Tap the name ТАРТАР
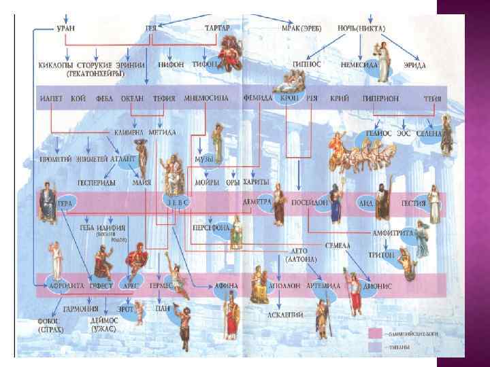[217, 29]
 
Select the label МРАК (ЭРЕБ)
[302, 29]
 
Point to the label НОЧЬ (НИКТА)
[361, 29]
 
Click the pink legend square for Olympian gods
[376, 333]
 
